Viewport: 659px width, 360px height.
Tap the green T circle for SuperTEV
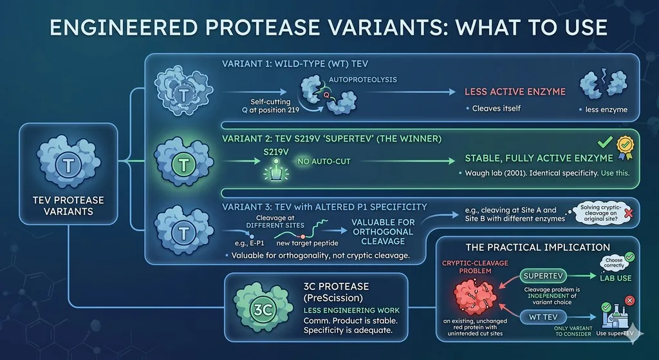click(183, 164)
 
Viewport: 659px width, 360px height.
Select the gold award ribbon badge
click(626, 148)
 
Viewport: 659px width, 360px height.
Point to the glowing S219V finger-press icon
click(276, 170)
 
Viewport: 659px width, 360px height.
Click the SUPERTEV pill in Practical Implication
click(543, 276)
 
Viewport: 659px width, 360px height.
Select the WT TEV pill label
click(543, 317)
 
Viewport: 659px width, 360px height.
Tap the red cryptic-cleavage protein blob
click(475, 296)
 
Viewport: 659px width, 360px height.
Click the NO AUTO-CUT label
click(324, 161)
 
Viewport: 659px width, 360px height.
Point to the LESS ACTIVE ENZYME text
click(515, 91)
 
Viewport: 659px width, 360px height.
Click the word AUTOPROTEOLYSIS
click(363, 79)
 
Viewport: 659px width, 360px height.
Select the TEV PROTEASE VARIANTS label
click(68, 205)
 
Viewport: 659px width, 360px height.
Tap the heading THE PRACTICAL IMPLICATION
click(537, 247)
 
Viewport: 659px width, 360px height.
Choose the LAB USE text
click(616, 278)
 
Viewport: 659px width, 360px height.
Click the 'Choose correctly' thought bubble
click(614, 263)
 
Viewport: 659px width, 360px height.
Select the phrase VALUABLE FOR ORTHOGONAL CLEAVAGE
click(383, 232)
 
